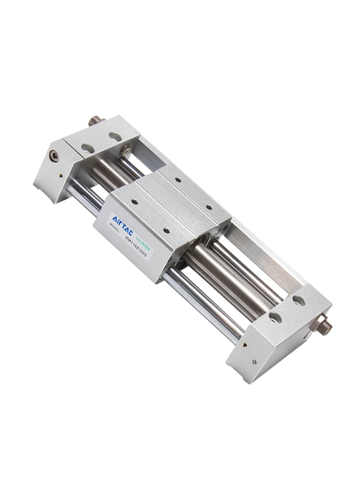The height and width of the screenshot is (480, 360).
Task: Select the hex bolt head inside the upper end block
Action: pyautogui.click(x=125, y=150)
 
